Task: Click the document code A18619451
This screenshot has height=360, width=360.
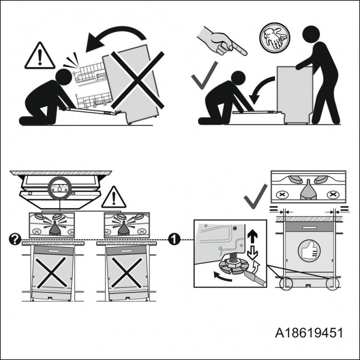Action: coord(309,333)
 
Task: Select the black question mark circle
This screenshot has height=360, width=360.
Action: coord(15,239)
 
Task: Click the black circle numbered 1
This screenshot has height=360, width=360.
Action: coord(173,239)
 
